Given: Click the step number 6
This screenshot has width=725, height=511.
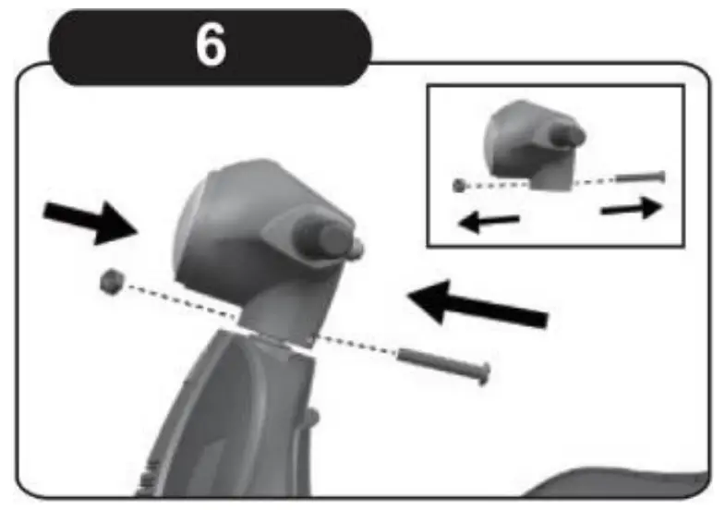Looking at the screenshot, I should [x=211, y=46].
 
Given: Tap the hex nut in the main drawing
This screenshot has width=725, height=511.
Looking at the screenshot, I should [x=113, y=278].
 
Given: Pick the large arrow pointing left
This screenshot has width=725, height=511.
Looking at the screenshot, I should [x=477, y=305].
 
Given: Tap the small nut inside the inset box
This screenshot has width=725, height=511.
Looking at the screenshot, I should [x=458, y=185].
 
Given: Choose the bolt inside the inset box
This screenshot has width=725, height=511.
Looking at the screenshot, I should [x=640, y=176].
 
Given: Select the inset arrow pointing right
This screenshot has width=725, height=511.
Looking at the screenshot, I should [x=632, y=208].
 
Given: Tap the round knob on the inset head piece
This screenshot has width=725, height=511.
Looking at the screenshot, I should [x=565, y=135].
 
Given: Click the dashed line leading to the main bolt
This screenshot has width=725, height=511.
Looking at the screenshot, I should [x=356, y=341].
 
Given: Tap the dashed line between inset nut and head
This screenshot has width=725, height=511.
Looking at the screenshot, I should [x=489, y=185].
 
